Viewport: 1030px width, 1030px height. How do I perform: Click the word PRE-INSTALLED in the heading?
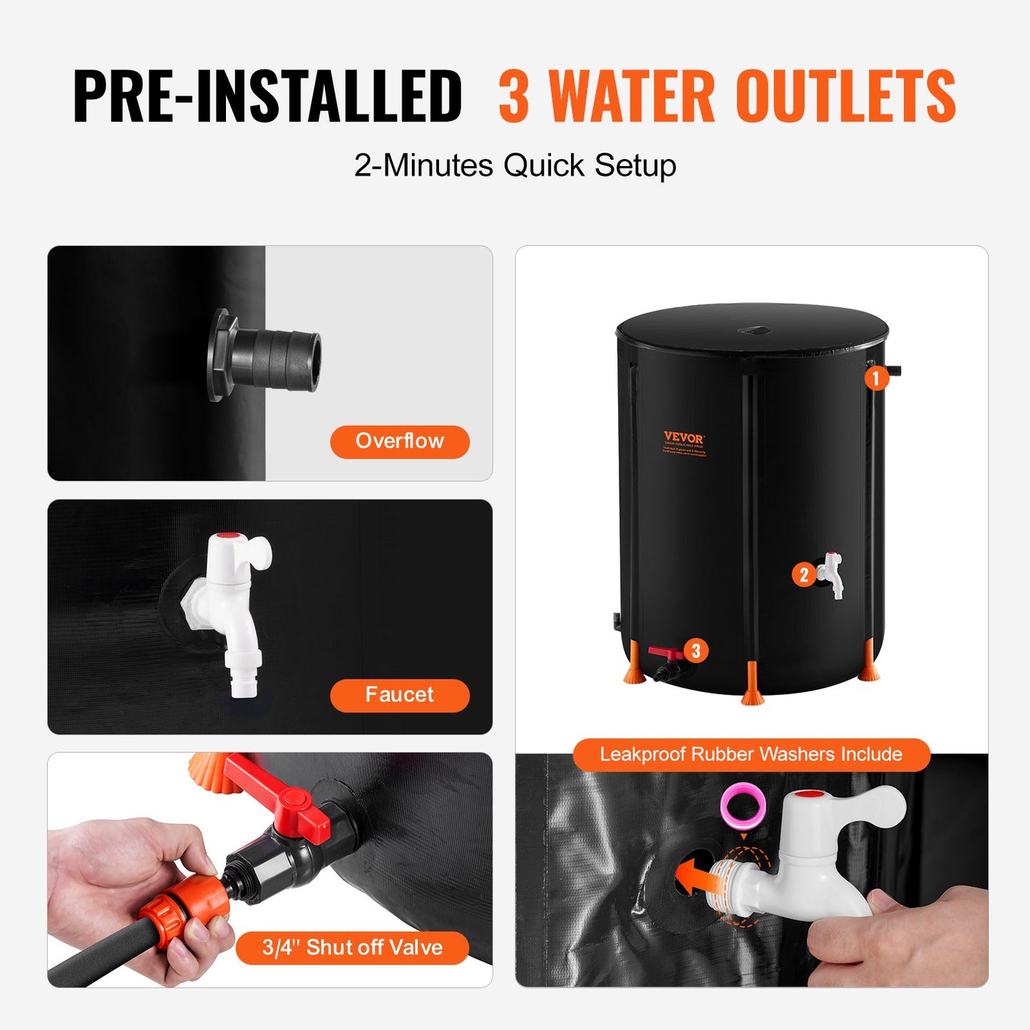point(268,97)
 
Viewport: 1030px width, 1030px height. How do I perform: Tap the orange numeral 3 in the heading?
point(513,97)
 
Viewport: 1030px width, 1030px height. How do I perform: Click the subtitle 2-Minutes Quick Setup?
point(515,165)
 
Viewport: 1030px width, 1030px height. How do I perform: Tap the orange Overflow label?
point(399,441)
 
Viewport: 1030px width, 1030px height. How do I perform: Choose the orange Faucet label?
point(399,695)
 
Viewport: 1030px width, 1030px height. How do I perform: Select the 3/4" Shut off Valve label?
point(352,947)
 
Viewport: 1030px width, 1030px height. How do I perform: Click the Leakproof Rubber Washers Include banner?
point(751,755)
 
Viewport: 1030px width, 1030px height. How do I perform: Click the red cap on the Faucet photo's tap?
point(228,536)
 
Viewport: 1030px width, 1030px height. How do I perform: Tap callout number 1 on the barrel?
point(876,378)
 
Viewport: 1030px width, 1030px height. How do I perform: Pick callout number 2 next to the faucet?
point(804,575)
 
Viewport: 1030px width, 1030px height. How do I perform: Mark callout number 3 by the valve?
point(696,651)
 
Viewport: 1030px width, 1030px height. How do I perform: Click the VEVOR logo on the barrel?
point(684,437)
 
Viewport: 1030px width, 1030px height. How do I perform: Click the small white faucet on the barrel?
point(832,573)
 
